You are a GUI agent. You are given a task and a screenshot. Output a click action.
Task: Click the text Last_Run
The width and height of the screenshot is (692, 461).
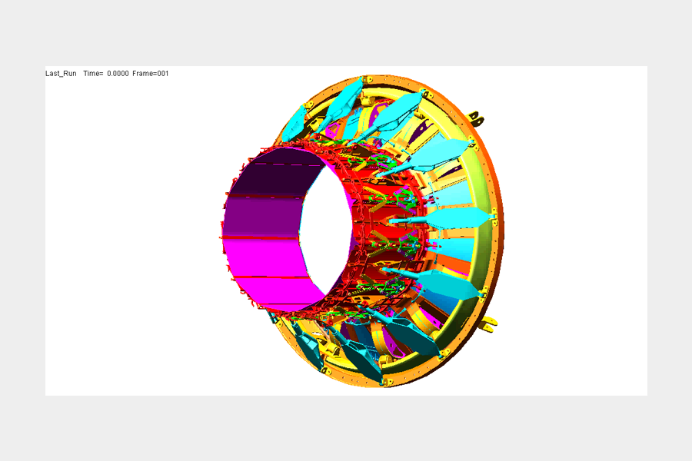(x=61, y=74)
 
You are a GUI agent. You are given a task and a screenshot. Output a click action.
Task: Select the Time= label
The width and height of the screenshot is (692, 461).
(x=93, y=74)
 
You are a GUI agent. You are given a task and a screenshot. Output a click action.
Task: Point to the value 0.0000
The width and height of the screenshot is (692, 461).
(x=118, y=74)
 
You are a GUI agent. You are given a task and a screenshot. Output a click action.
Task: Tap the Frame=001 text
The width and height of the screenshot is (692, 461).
(x=151, y=74)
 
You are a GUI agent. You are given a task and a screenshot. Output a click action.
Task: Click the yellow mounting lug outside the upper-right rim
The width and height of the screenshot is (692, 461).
(x=477, y=118)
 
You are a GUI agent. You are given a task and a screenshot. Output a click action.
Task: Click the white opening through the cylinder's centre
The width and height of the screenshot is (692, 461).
(x=326, y=230)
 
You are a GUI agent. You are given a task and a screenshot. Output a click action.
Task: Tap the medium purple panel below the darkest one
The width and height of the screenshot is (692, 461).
(x=264, y=217)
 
